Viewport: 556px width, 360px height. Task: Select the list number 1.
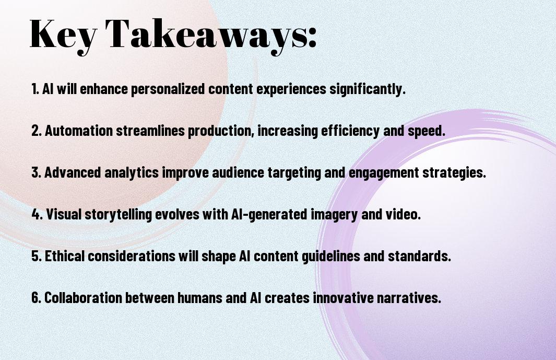(35, 89)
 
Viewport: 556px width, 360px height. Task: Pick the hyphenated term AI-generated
(269, 215)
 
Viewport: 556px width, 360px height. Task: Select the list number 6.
(36, 298)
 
